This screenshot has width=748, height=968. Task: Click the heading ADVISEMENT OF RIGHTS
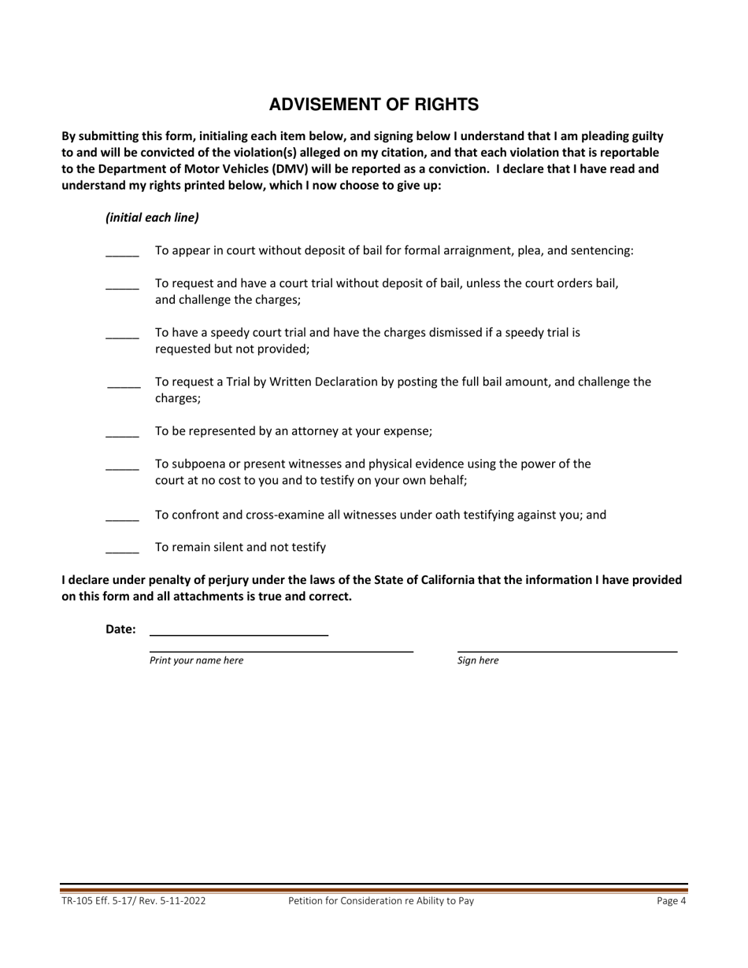pos(373,105)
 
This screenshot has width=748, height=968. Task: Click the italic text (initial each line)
pos(152,217)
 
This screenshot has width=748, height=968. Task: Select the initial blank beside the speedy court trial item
pos(122,336)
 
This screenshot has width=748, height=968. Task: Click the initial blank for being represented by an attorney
pos(122,434)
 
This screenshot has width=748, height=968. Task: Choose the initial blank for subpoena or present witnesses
pos(122,467)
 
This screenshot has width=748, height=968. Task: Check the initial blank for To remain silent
pos(122,550)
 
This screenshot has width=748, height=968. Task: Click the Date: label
pos(120,629)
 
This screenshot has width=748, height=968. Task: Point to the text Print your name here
pos(196,660)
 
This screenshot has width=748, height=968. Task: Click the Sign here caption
pos(477,660)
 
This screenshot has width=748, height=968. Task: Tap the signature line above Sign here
pos(567,649)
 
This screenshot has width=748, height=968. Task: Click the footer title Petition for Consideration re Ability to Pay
pos(381,901)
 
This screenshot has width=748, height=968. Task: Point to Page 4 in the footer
pos(671,901)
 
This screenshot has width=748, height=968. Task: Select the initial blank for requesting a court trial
pos(122,287)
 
